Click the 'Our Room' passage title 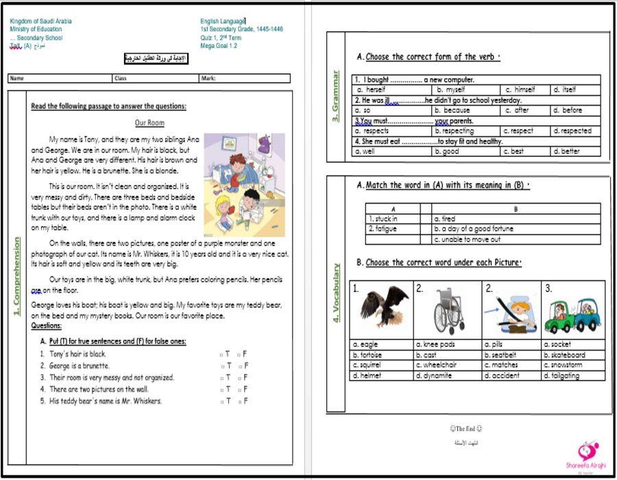149,123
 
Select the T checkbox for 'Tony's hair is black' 221,355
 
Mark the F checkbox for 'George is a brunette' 239,366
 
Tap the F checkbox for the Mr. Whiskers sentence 239,401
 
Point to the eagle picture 380,310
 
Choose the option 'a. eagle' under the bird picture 365,344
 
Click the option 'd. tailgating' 561,376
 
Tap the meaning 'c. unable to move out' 468,239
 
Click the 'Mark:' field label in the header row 208,79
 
